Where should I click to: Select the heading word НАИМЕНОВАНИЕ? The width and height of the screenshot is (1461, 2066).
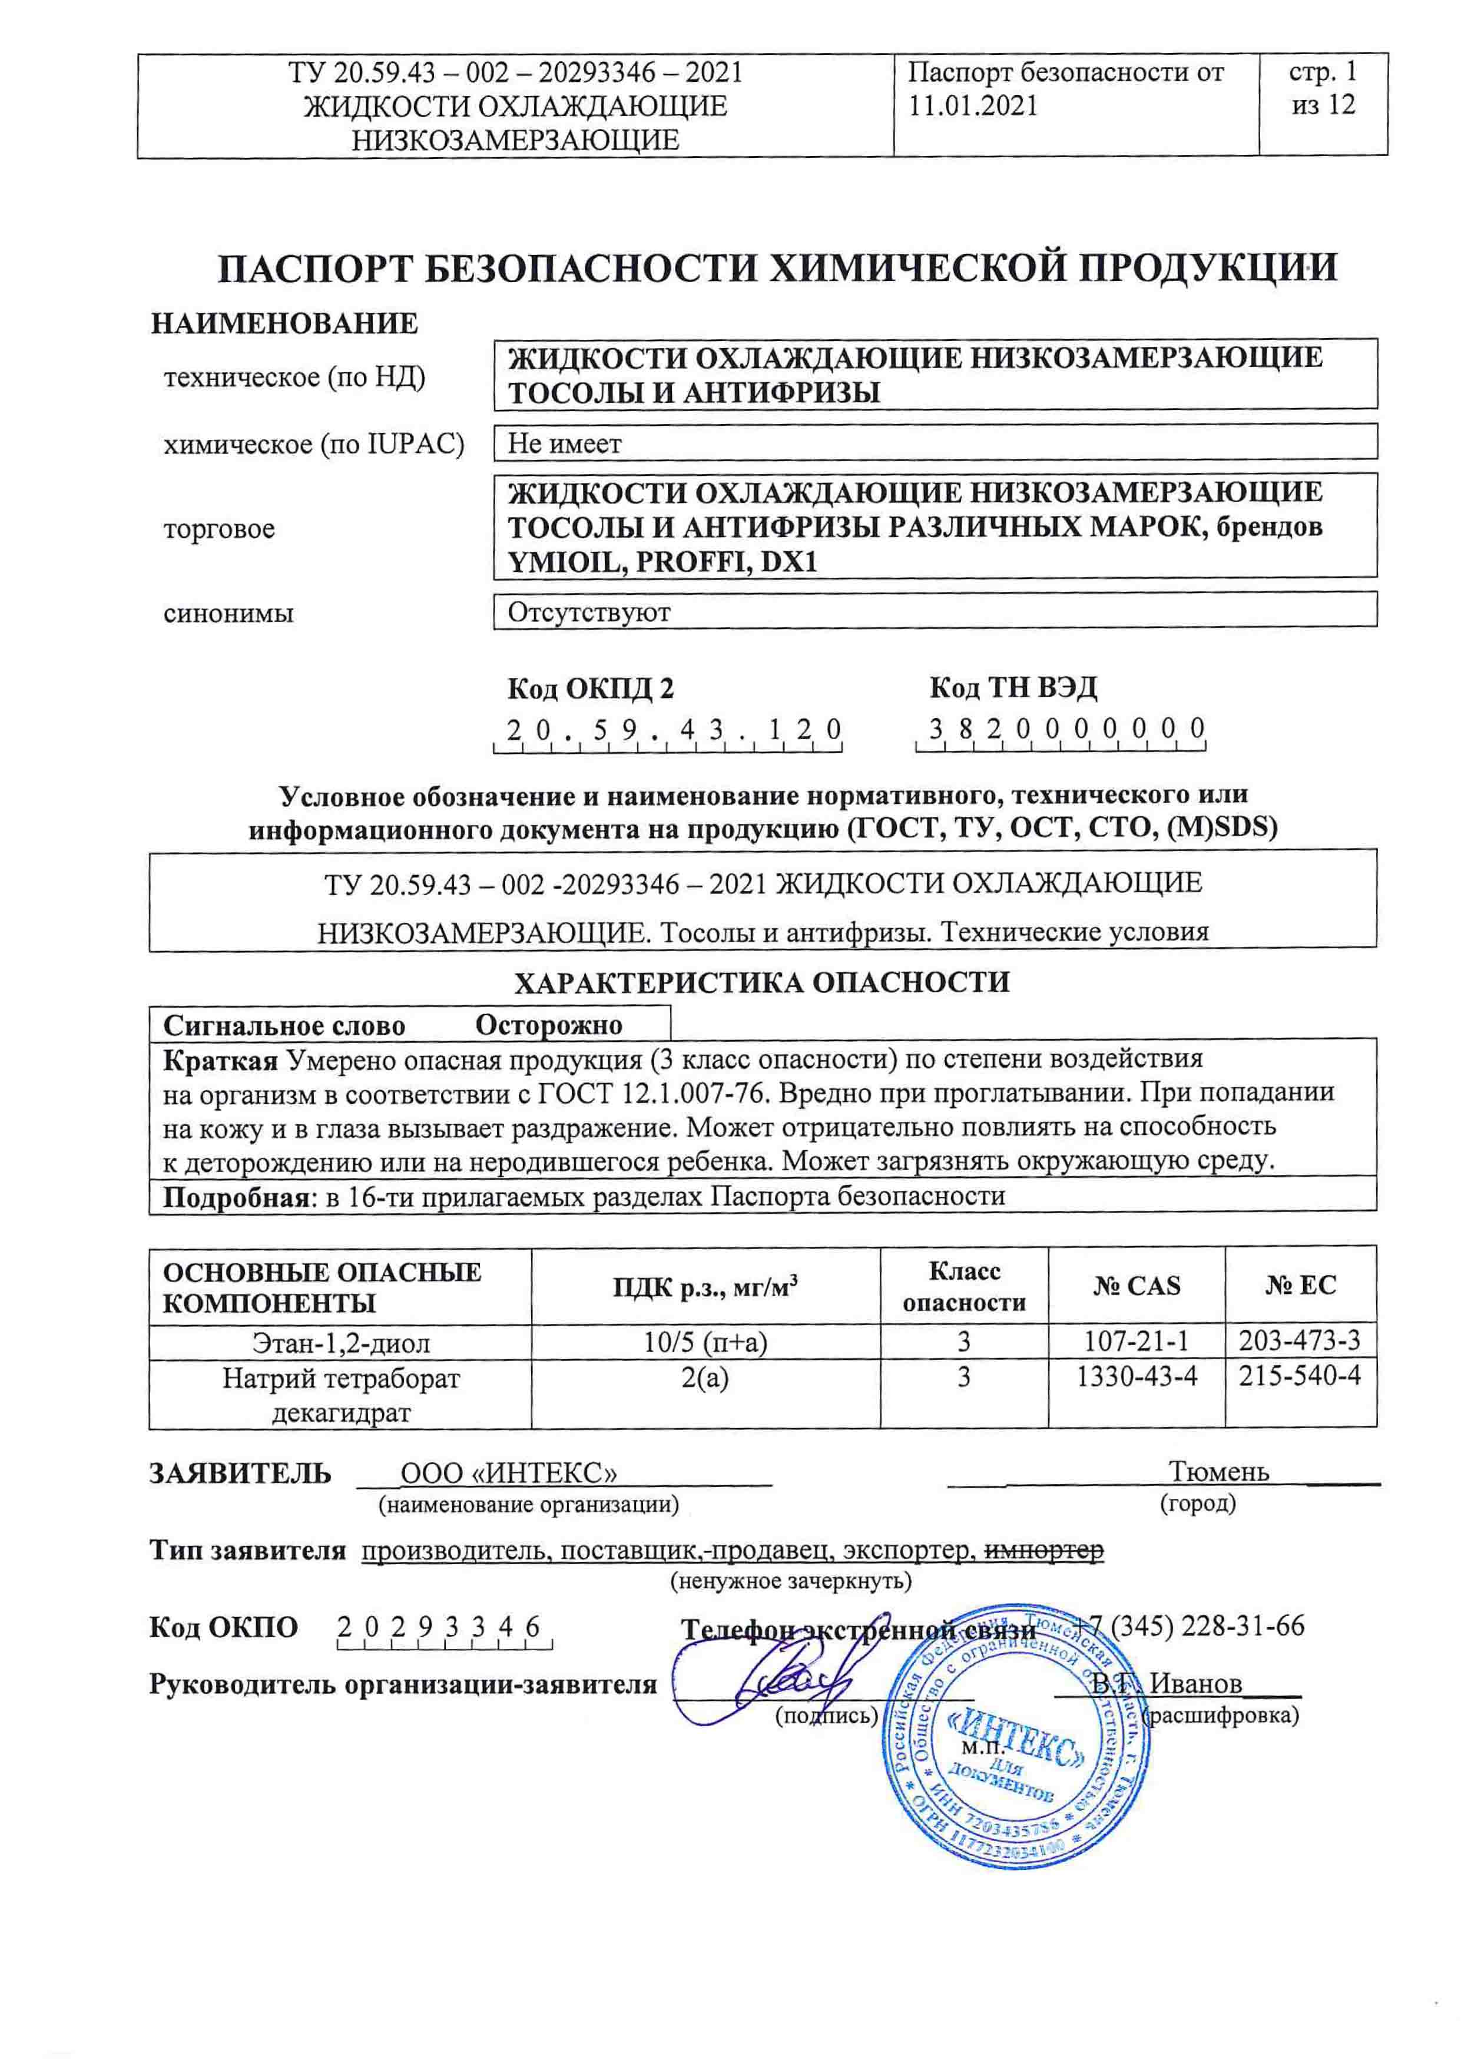pos(284,323)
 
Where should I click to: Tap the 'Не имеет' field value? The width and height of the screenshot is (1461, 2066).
pos(564,443)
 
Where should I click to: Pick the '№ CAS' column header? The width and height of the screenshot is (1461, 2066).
pos(1136,1285)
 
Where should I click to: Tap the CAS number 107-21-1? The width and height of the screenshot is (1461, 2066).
pos(1136,1342)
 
